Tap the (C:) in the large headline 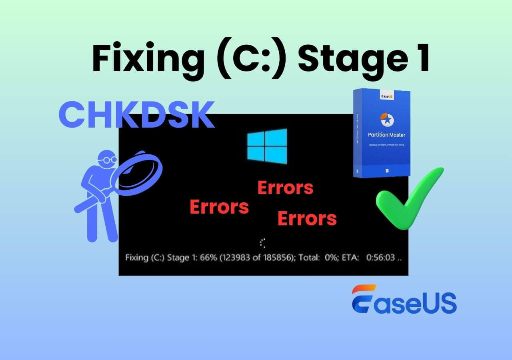click(248, 59)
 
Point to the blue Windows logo click(267, 146)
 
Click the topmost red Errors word click(285, 187)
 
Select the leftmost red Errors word click(219, 207)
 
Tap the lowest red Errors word click(307, 218)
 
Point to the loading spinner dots click(262, 243)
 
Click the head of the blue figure click(106, 160)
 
